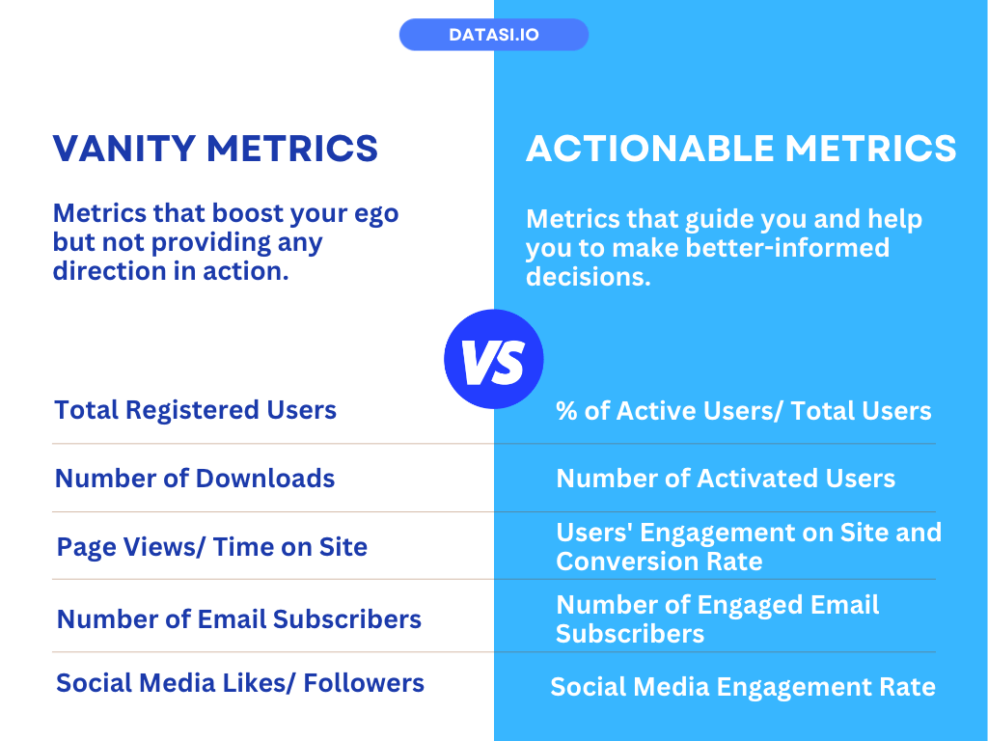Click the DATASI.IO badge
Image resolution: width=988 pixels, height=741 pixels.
494,35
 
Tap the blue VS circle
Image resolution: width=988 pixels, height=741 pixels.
493,359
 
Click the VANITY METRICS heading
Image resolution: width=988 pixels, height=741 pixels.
215,149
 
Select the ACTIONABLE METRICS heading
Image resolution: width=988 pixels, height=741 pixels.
741,149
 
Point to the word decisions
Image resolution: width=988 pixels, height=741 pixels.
588,277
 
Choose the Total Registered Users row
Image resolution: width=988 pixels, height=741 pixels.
195,410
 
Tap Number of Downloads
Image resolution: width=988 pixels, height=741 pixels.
195,479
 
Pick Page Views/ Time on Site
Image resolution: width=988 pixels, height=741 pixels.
211,547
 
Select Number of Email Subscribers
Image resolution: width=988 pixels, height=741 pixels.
239,619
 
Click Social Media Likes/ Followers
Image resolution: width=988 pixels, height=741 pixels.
240,683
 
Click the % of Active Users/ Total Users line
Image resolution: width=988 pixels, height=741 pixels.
744,411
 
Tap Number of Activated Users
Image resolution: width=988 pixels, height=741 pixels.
726,479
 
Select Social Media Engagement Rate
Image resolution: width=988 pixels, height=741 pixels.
743,687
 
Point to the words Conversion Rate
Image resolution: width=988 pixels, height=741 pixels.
659,562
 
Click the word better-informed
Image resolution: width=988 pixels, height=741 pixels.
787,248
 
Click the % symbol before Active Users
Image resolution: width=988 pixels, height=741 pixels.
566,410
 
